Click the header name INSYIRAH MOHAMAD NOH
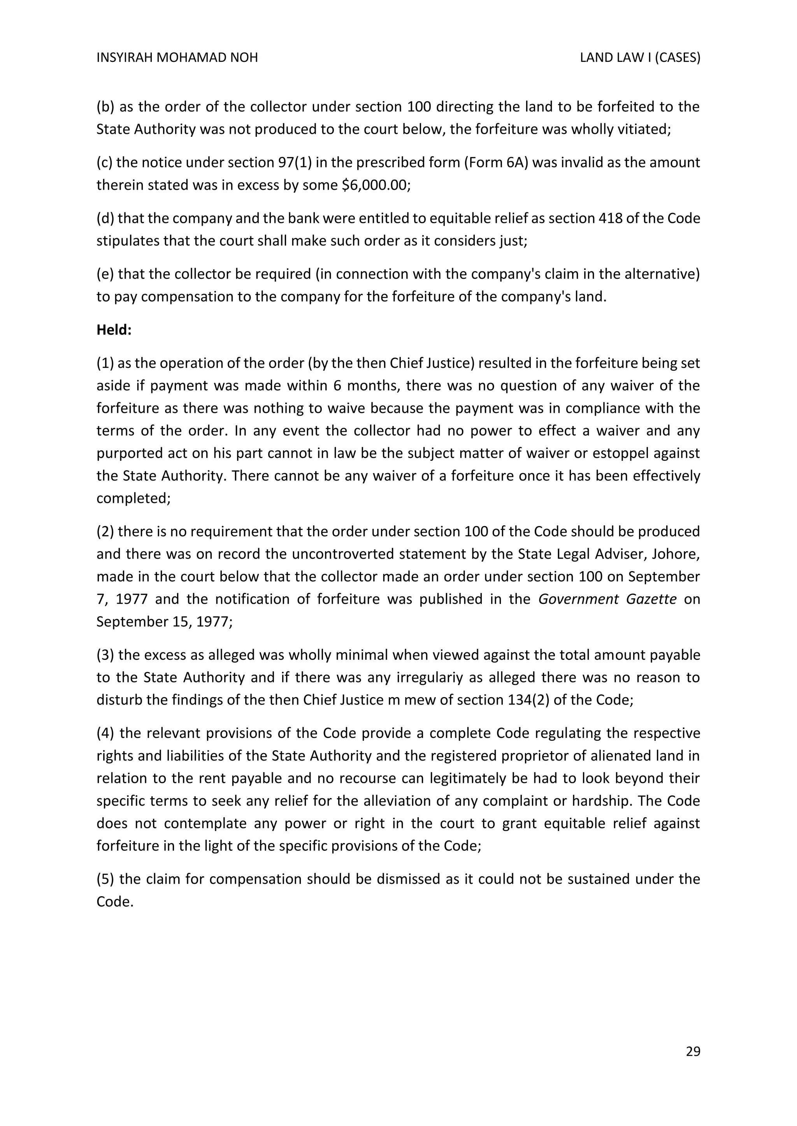pyautogui.click(x=177, y=58)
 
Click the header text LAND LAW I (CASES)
pyautogui.click(x=639, y=58)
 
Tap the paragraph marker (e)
pyautogui.click(x=105, y=274)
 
